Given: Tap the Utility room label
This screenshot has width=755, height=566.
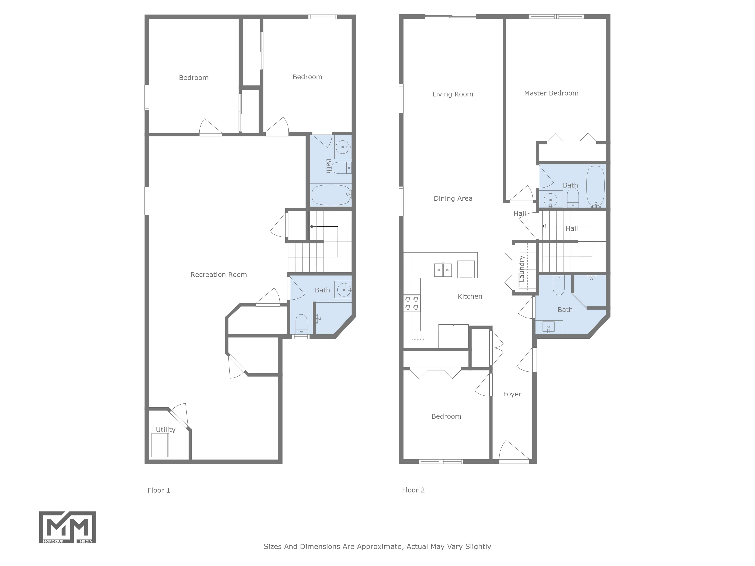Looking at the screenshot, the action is [166, 430].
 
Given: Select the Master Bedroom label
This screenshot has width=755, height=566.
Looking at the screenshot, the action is [551, 93].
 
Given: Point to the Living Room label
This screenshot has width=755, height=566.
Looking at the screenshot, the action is [453, 94].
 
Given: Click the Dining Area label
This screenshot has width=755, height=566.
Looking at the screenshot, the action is [453, 198].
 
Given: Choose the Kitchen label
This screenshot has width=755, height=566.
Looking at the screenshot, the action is [470, 297].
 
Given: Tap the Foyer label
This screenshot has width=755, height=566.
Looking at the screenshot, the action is [512, 394].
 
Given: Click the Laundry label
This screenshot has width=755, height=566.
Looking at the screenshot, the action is [522, 269].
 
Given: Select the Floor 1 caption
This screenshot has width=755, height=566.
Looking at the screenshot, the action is [159, 490].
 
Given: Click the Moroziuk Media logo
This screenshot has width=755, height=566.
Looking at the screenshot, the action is [68, 527].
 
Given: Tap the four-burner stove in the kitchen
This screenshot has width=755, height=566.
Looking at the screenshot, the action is [412, 303].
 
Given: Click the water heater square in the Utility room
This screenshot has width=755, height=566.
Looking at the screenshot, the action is [160, 445].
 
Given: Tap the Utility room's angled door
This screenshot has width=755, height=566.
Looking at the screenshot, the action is [179, 418].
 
